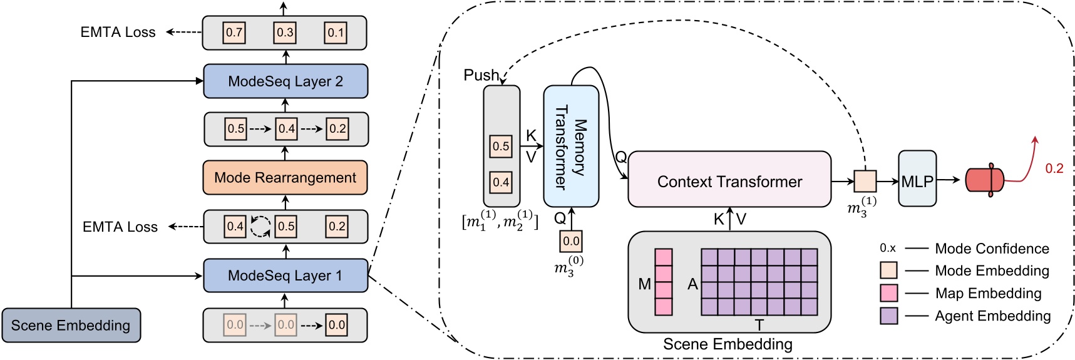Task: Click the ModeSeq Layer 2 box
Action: [x=285, y=81]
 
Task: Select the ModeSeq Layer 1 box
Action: [x=285, y=275]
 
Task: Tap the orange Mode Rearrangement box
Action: [x=285, y=178]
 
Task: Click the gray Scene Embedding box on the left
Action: [x=71, y=326]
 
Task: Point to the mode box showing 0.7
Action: [x=234, y=33]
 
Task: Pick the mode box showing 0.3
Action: [x=285, y=33]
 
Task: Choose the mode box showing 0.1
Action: [x=336, y=33]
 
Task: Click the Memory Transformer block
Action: [x=570, y=147]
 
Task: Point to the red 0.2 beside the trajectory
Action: [x=1054, y=168]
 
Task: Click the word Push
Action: [x=481, y=75]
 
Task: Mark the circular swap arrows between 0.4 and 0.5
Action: [x=260, y=227]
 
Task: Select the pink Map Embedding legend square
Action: [x=888, y=293]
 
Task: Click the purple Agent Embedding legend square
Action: [x=888, y=316]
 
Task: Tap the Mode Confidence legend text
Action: [x=992, y=249]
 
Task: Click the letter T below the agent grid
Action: [x=759, y=325]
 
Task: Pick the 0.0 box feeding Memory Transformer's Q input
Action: [x=571, y=241]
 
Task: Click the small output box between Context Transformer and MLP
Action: [x=865, y=181]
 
